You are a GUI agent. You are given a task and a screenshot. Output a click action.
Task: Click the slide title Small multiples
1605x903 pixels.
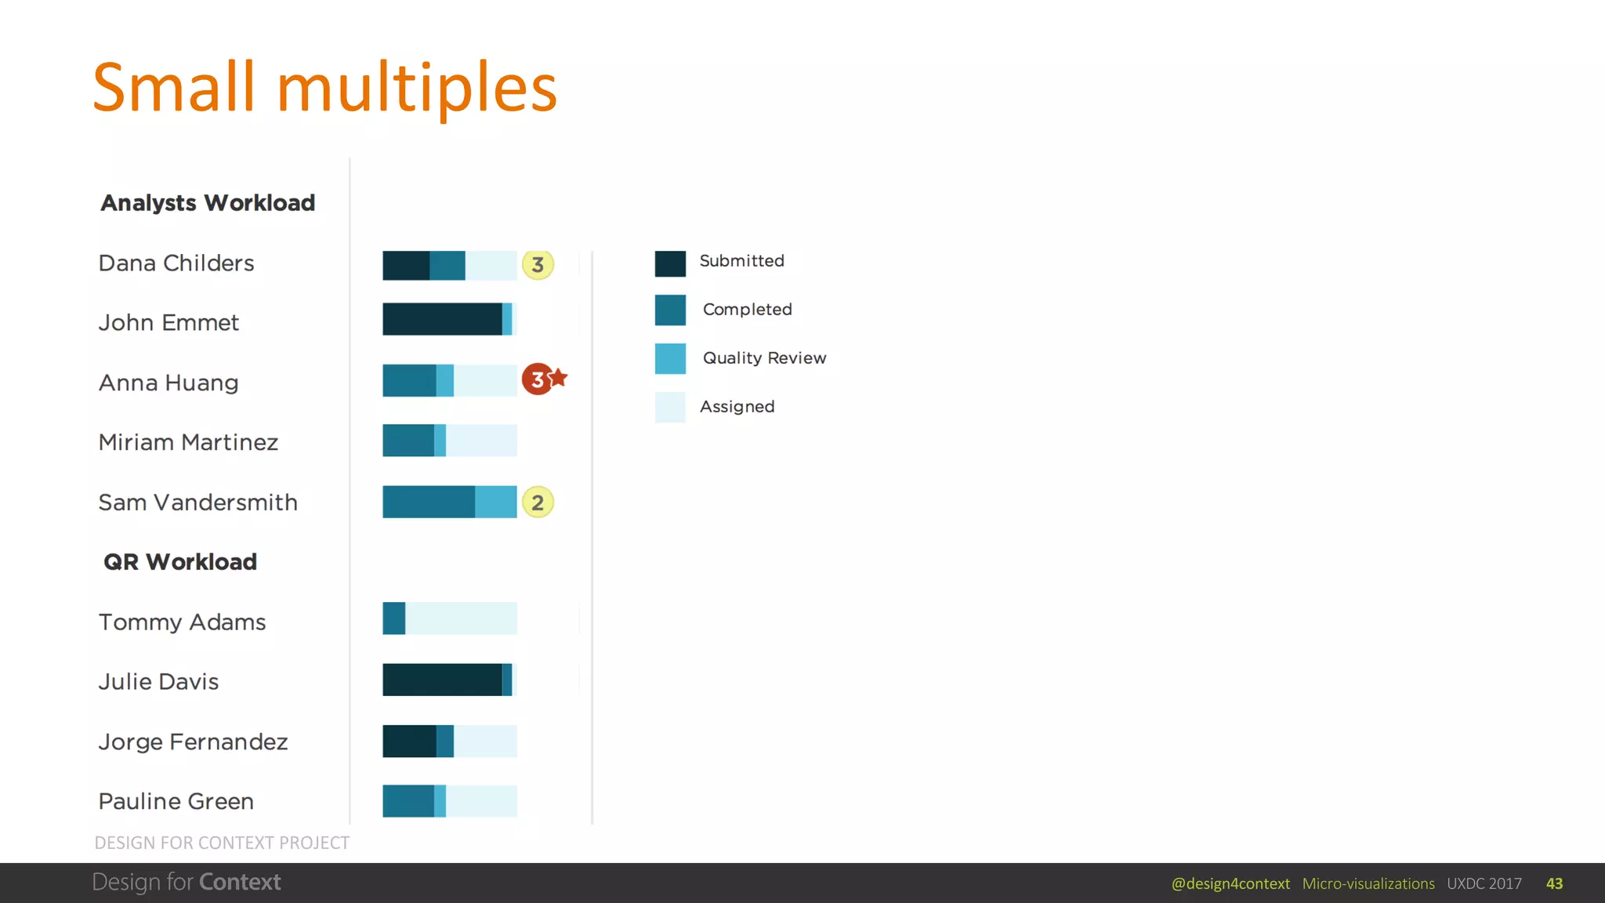pos(324,88)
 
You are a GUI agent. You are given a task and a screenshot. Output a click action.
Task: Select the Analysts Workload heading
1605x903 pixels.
pos(208,203)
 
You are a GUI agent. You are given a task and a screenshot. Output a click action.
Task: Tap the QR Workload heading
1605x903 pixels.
pos(180,562)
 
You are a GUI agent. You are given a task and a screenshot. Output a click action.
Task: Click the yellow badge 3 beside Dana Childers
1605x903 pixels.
pos(538,265)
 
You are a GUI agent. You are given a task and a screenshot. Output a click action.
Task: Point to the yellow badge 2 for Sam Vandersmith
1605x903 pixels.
pos(538,502)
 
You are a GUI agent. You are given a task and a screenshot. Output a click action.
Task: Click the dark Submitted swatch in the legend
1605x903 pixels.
pos(670,263)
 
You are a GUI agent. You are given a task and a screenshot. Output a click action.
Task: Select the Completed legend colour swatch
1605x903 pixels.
pos(670,310)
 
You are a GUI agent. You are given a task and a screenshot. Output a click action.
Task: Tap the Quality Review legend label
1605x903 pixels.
pos(764,358)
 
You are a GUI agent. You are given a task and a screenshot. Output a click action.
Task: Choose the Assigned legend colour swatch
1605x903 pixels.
pos(670,408)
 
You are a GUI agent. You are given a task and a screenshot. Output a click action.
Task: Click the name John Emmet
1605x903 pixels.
pos(168,323)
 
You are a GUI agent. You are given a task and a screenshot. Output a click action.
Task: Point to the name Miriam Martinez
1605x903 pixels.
pos(188,443)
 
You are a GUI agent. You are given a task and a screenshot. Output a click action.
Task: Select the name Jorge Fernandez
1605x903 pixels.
pos(193,742)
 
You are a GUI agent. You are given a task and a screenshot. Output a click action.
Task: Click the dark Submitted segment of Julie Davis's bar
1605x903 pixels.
pos(442,680)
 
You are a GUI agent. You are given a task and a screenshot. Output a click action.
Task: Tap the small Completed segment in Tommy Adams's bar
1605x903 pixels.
pos(393,618)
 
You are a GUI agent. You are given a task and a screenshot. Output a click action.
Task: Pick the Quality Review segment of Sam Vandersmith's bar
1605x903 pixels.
pos(496,502)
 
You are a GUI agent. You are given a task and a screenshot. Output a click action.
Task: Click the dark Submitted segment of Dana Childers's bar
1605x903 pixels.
pos(406,266)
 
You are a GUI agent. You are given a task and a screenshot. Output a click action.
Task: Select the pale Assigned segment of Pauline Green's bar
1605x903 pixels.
pos(481,801)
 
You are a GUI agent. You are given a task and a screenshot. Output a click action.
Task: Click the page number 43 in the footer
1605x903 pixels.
pos(1554,884)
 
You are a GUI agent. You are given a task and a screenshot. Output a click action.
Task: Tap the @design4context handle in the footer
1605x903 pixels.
pos(1230,884)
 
